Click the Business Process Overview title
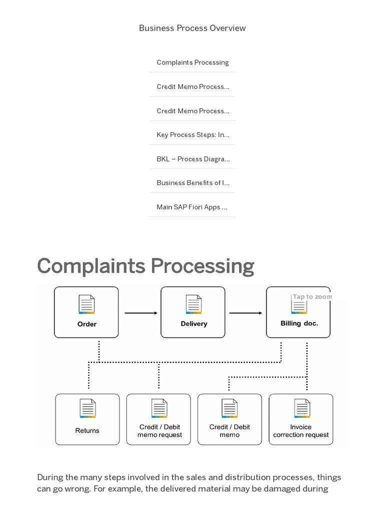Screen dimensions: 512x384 tap(192, 28)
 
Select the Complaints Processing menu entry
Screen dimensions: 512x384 tap(192, 62)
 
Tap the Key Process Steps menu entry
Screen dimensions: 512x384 tap(192, 134)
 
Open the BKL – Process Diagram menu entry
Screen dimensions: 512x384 tap(192, 159)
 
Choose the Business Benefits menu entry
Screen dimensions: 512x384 tap(192, 182)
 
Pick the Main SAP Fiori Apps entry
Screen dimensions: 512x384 tap(192, 206)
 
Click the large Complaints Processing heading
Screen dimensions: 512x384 tap(145, 266)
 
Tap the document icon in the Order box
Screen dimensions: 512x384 tap(87, 304)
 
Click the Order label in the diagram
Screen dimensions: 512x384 tap(87, 324)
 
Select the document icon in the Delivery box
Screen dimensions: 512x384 tap(193, 304)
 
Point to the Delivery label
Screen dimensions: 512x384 tap(193, 323)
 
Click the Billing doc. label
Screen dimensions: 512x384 tap(299, 323)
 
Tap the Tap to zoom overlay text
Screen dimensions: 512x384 tap(312, 296)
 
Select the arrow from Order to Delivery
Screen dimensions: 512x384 tap(140, 313)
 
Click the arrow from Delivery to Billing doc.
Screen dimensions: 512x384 tap(245, 313)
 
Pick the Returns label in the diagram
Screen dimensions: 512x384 tap(87, 430)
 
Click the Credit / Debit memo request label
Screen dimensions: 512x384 tap(159, 431)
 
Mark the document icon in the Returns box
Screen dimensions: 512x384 tap(87, 408)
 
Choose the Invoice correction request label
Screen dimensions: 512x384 tap(301, 431)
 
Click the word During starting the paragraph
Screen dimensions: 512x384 tap(51, 477)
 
